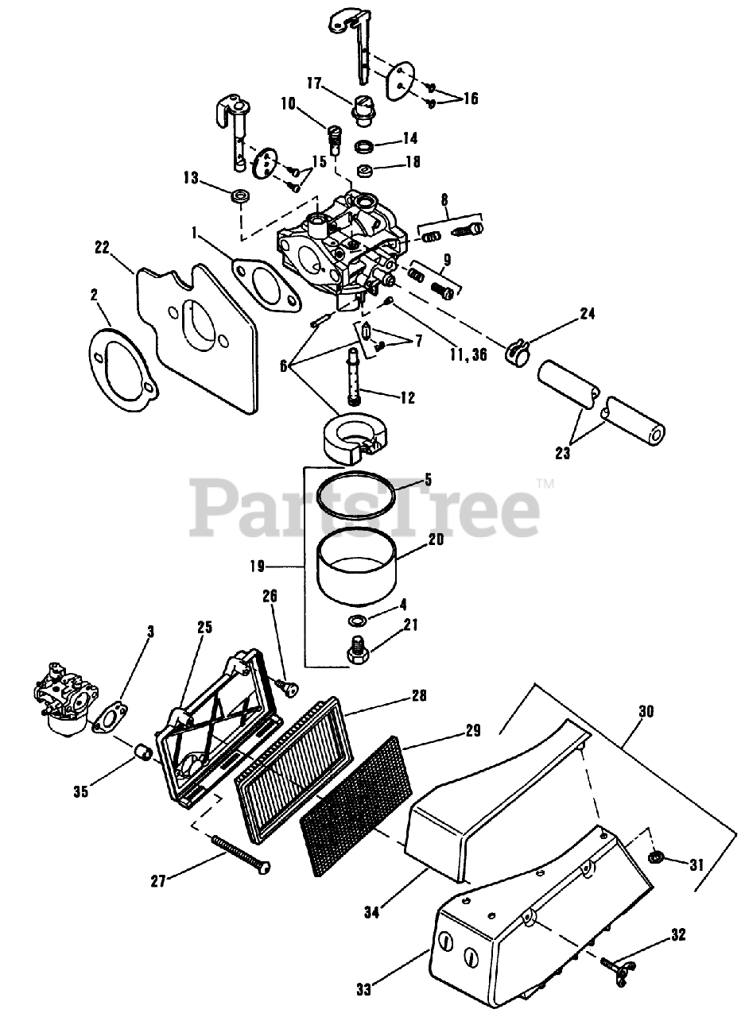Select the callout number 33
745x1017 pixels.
[x=363, y=990]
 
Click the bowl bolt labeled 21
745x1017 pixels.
[x=357, y=652]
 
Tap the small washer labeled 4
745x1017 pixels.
[x=358, y=619]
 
